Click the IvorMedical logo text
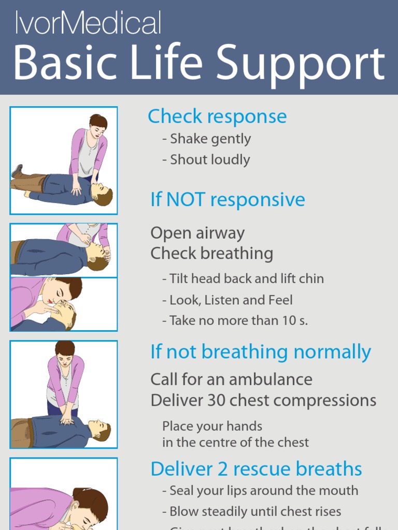click(x=88, y=23)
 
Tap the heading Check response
click(x=217, y=116)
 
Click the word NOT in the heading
click(x=186, y=200)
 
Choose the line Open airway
click(x=197, y=233)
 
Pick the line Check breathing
click(x=211, y=254)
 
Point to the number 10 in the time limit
click(x=288, y=321)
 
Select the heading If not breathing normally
click(x=261, y=352)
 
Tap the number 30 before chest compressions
click(x=217, y=401)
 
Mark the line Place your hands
click(x=212, y=426)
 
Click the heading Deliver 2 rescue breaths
click(x=256, y=469)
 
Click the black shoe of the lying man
click(x=18, y=170)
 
